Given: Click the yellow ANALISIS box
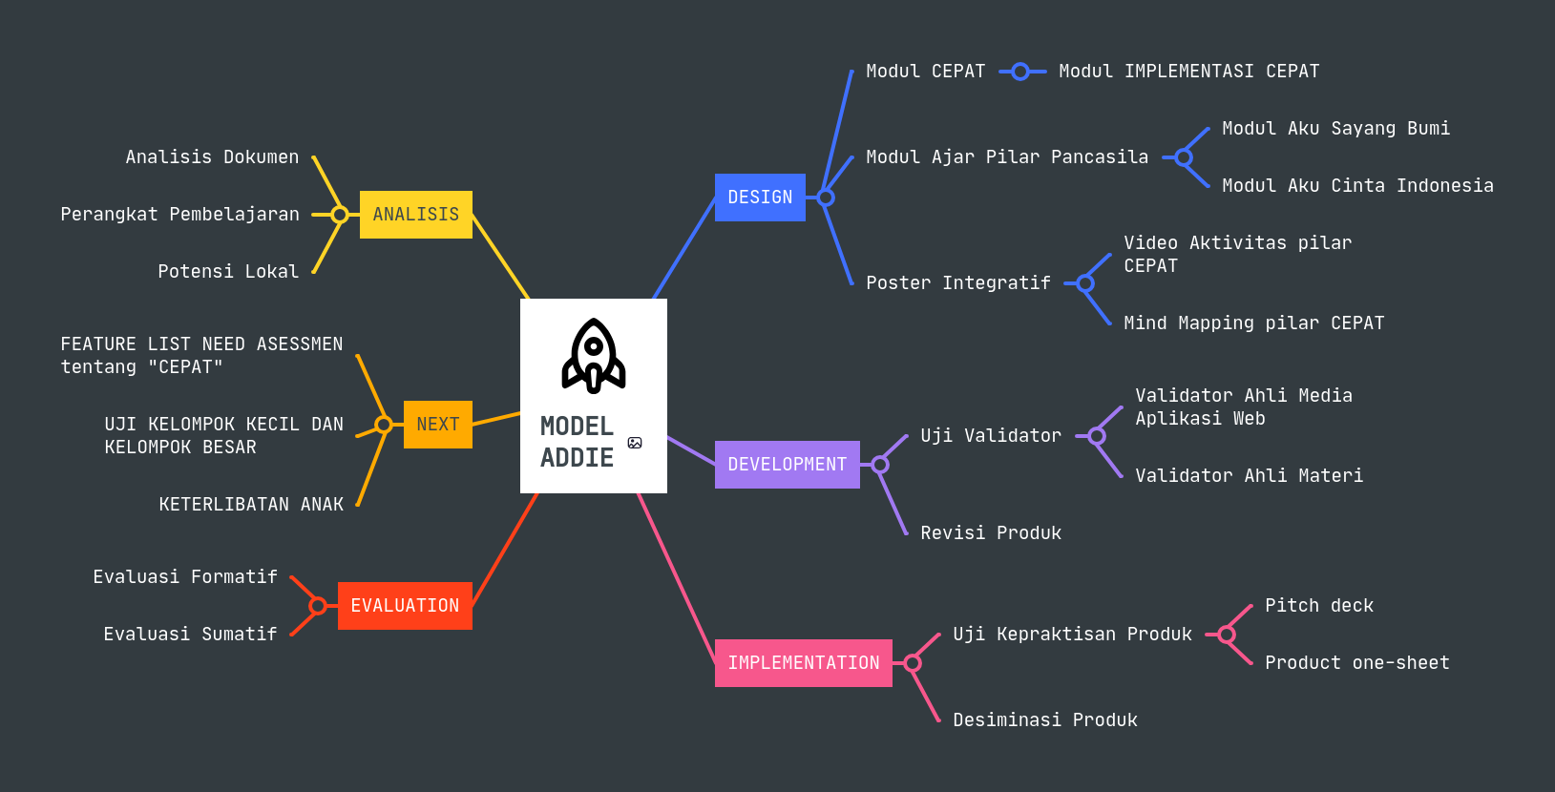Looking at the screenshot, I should click(x=415, y=215).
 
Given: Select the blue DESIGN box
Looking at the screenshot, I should click(x=760, y=198).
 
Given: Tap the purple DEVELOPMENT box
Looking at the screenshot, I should click(x=787, y=465).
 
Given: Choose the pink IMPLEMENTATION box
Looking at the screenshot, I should click(x=803, y=663).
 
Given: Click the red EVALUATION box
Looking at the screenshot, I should click(x=405, y=606).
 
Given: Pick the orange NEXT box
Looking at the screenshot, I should click(x=437, y=425).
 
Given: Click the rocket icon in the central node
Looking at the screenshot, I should click(x=593, y=356).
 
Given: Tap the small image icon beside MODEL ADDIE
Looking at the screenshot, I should click(x=635, y=443).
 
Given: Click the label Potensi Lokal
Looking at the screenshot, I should click(x=228, y=272).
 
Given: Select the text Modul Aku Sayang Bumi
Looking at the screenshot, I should click(x=1335, y=129).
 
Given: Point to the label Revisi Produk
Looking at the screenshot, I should click(x=990, y=533).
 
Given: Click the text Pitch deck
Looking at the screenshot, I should click(x=1318, y=606).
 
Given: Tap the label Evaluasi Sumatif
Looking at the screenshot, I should click(x=190, y=635).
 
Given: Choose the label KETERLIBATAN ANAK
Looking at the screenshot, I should click(x=251, y=505).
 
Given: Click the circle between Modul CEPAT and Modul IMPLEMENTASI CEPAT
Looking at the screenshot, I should click(x=1020, y=72).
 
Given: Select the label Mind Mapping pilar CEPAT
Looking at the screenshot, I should click(x=1253, y=323).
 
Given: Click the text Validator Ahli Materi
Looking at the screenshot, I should click(x=1249, y=476).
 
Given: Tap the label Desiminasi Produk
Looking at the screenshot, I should click(x=1044, y=720).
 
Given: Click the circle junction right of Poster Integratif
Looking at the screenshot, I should click(x=1085, y=283).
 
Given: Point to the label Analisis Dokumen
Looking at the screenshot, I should click(x=212, y=157).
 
